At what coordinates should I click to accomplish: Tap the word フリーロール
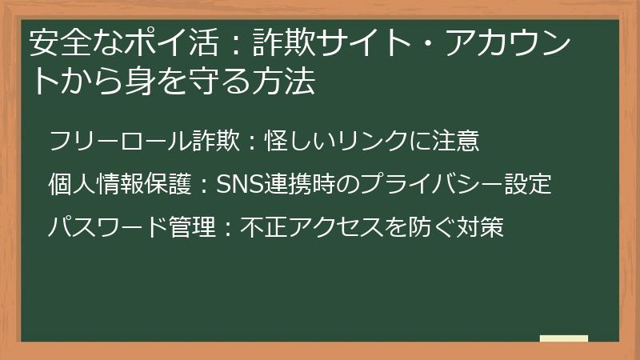tap(109, 141)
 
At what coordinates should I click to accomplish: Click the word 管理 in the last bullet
tap(192, 228)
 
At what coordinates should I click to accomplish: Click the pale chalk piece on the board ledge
tap(563, 338)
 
